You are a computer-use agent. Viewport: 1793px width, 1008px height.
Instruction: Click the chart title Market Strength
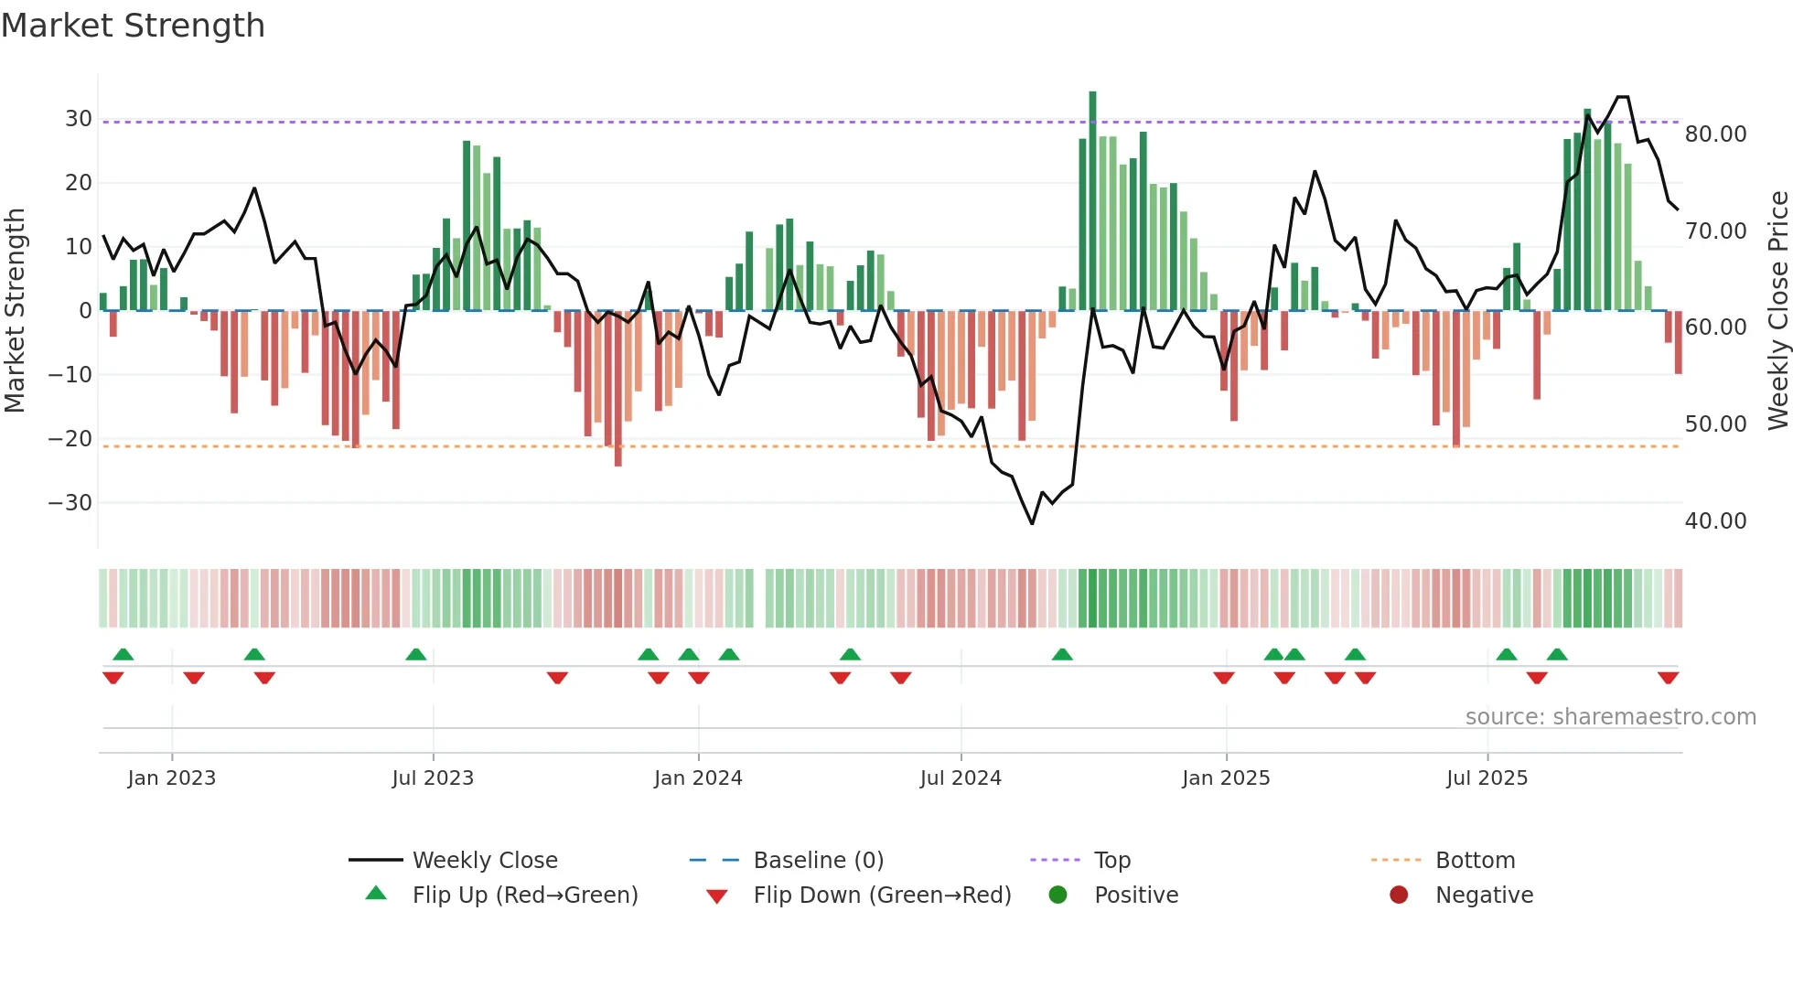tap(133, 26)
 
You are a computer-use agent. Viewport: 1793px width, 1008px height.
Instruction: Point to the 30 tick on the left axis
tap(78, 119)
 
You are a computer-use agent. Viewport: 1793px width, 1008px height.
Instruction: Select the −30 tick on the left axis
tap(70, 503)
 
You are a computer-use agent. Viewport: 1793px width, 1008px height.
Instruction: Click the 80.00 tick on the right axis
tap(1715, 134)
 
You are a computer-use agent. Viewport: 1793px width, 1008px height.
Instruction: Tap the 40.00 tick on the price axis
tap(1715, 521)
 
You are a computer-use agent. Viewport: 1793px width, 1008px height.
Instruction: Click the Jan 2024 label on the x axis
tap(698, 778)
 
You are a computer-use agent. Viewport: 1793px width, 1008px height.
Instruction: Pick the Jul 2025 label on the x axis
tap(1487, 778)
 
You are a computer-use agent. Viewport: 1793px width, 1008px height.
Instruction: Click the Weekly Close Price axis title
tap(1777, 311)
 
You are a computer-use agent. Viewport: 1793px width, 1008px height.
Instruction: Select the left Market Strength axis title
tap(15, 311)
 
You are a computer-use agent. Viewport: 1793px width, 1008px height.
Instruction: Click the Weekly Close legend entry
tap(485, 861)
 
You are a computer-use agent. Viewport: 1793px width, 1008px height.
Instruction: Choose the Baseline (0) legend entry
tap(818, 861)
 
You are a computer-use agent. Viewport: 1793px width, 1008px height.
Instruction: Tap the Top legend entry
tap(1112, 861)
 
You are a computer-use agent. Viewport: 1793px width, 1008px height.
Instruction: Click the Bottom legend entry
tap(1475, 861)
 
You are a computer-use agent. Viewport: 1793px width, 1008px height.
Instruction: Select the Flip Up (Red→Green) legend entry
tap(524, 895)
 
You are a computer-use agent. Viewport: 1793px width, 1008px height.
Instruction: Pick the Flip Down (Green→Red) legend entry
tap(882, 895)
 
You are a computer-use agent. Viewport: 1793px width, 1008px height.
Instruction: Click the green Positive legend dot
tap(1058, 895)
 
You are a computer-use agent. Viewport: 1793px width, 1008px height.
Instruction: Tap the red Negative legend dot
tap(1399, 895)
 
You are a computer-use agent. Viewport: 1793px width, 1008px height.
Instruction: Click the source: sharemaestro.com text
tap(1610, 717)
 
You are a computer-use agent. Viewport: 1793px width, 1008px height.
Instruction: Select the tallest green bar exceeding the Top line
tap(1092, 201)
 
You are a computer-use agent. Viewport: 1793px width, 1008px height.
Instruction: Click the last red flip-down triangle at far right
tap(1668, 678)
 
